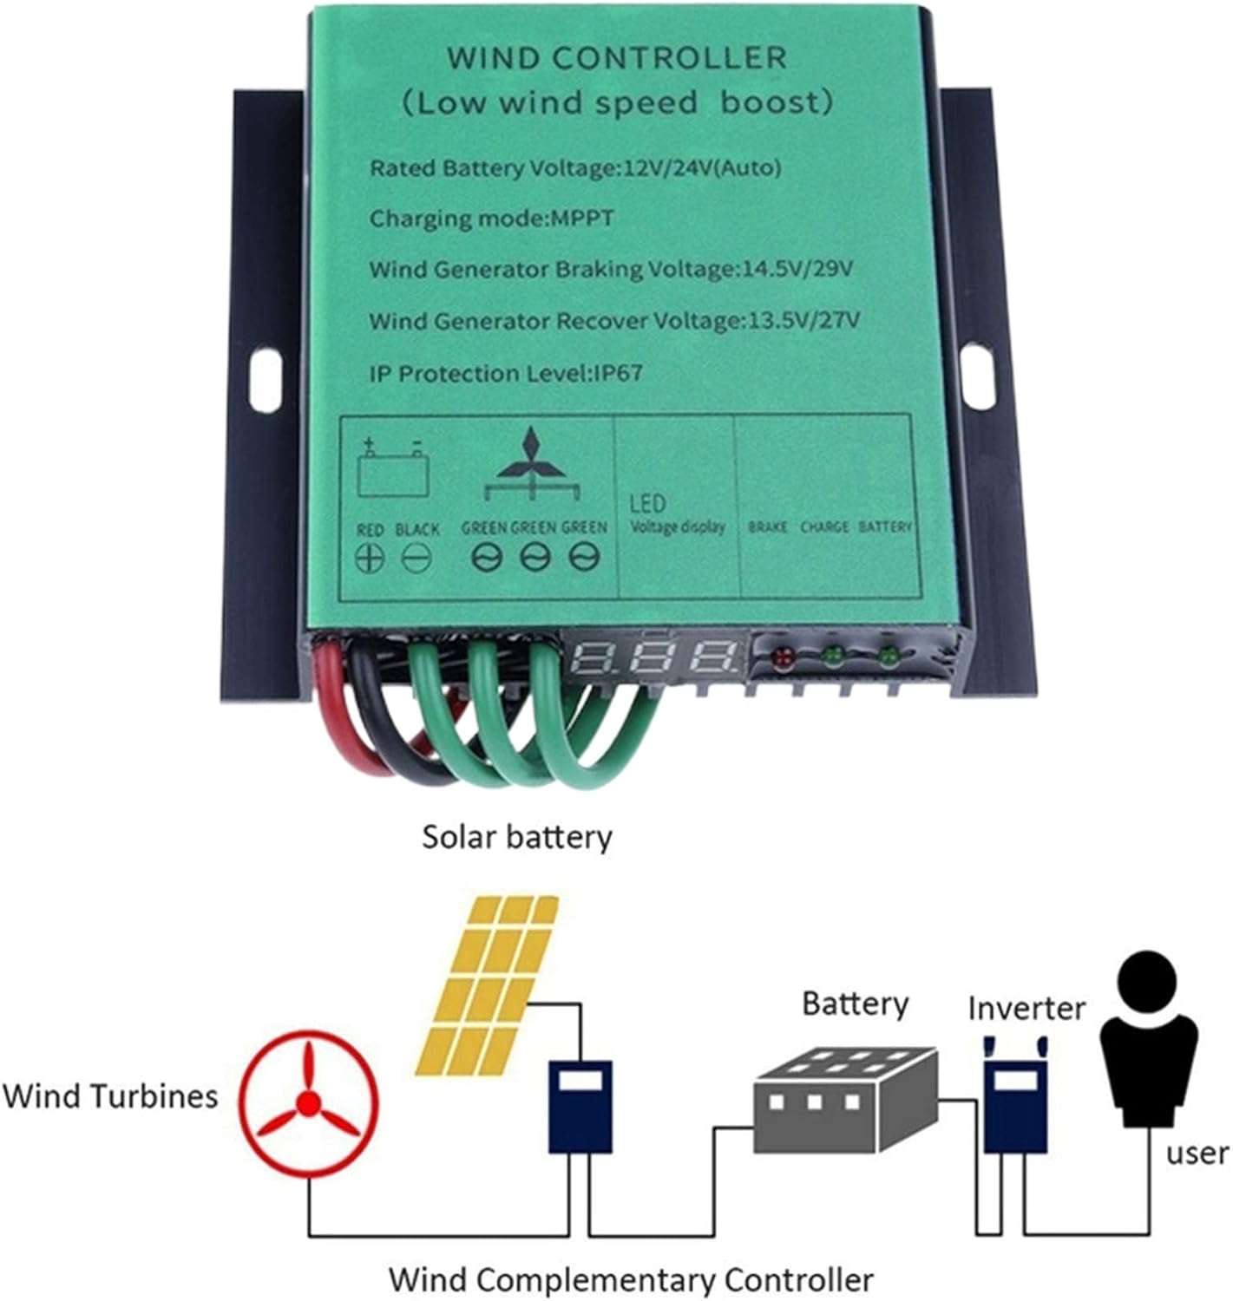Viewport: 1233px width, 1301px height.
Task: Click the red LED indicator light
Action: (783, 657)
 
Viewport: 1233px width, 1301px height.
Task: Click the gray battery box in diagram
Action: (844, 1098)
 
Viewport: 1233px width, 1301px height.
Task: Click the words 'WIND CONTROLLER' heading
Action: (617, 58)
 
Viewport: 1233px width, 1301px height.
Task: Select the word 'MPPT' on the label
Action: (582, 218)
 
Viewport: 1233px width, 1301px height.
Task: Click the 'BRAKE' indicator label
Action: (767, 526)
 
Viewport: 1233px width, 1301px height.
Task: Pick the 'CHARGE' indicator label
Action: (824, 526)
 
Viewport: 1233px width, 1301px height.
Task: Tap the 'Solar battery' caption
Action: (517, 837)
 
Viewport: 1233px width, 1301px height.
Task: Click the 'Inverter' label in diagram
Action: (1026, 1008)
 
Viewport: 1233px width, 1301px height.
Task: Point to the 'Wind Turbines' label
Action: (110, 1095)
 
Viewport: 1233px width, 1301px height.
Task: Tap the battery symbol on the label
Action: (394, 470)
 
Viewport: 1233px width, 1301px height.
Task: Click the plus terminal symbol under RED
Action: (370, 557)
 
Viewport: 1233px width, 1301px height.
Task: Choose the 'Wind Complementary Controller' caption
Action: (631, 1279)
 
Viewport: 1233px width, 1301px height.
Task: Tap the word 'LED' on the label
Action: (647, 503)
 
